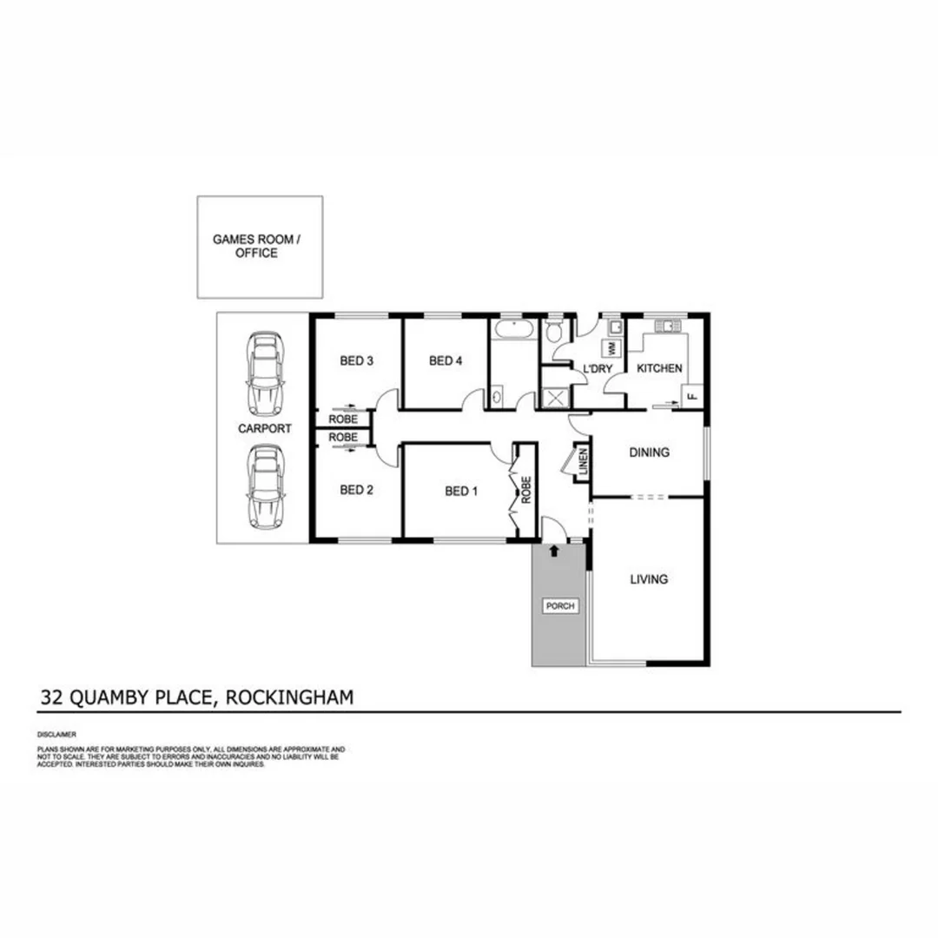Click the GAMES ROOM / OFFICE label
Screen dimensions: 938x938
257,246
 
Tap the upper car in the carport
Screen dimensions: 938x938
265,372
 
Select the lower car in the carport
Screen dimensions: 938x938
265,487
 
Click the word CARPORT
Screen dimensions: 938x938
265,428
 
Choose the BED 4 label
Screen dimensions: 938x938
446,361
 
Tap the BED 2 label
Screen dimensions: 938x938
356,490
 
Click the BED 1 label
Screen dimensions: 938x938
461,491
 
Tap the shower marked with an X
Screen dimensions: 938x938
553,398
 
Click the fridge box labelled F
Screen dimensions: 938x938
692,396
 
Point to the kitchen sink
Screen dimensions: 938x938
669,327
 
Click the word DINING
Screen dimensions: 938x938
649,452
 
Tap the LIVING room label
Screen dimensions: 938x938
649,579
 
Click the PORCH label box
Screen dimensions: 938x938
559,606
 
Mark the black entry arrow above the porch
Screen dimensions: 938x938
554,550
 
